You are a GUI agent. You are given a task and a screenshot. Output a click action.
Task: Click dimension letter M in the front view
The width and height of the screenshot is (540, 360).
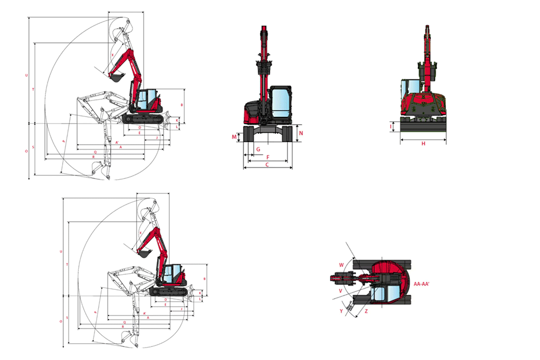point(234,137)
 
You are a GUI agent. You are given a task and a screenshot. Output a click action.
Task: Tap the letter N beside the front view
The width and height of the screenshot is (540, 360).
point(301,133)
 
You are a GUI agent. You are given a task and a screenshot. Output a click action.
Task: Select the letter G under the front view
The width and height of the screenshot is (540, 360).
point(259,149)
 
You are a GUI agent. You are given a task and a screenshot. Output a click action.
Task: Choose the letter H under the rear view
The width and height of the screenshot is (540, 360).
point(423,144)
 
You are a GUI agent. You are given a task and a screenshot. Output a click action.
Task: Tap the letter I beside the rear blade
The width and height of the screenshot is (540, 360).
point(390,127)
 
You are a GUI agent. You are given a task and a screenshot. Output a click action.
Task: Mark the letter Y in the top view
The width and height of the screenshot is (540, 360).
point(341,311)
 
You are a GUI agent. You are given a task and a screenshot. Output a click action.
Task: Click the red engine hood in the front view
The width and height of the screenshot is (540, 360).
point(253,111)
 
